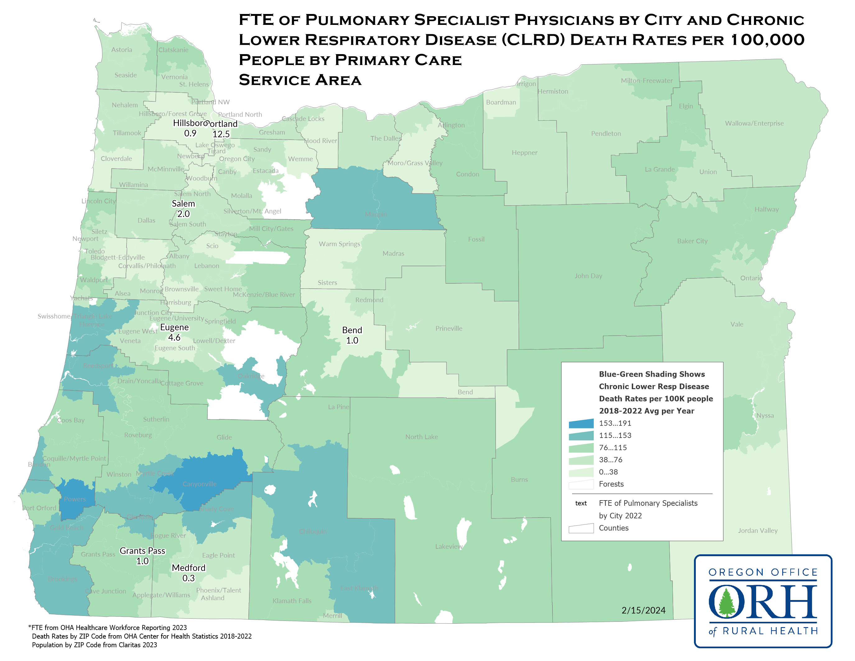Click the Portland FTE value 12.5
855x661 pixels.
pos(221,134)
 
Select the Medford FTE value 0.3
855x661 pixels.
pos(188,578)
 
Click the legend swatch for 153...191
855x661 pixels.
pos(581,423)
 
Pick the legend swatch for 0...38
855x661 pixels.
pos(581,472)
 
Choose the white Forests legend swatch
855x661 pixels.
pos(581,484)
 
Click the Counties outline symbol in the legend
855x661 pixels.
pos(581,528)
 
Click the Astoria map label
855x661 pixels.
pos(122,50)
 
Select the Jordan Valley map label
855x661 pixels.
pos(757,531)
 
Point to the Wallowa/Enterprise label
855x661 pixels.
pos(754,123)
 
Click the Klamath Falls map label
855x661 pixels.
pos(292,601)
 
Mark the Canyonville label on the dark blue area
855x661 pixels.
pos(199,484)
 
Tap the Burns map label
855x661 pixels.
pos(519,480)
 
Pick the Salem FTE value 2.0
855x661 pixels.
pos(183,214)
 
